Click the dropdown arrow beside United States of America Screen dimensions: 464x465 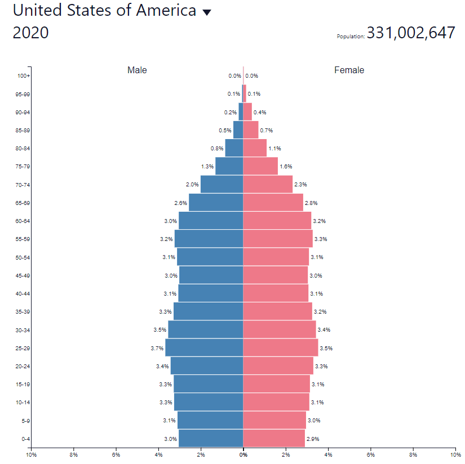point(207,13)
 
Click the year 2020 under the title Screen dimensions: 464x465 point(30,33)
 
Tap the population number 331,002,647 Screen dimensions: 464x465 point(410,33)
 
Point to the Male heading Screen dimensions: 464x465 point(137,70)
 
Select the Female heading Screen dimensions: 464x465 point(349,70)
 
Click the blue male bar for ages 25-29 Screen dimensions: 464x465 point(204,348)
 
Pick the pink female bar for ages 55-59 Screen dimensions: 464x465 point(277,239)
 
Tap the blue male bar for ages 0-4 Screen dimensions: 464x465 point(210,439)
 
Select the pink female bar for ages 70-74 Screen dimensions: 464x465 point(268,184)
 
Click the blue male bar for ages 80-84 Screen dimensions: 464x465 point(234,148)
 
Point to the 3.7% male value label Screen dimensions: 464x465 point(157,349)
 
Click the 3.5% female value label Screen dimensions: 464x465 point(326,349)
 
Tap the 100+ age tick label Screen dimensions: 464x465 point(24,76)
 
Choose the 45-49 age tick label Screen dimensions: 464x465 point(23,276)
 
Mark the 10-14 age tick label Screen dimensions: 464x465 point(23,403)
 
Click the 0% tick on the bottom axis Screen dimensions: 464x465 point(243,454)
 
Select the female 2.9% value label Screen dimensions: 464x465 point(313,439)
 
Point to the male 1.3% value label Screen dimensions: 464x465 point(207,167)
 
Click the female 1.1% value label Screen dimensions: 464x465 point(274,149)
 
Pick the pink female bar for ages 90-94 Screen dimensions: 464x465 point(247,112)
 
